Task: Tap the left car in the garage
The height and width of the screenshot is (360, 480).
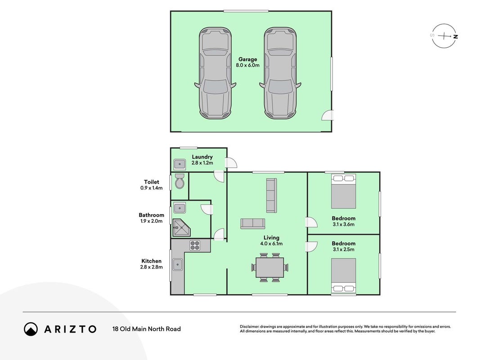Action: [215, 73]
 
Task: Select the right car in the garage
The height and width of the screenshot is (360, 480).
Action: [280, 73]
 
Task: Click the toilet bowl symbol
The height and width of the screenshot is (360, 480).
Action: [179, 181]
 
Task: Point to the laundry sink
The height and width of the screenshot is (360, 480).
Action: [179, 164]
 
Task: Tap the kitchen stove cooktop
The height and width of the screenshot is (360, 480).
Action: [195, 246]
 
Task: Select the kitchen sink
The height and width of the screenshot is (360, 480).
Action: [178, 265]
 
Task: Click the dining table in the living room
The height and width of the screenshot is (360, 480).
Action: [270, 267]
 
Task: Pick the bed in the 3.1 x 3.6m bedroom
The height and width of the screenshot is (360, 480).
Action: [344, 191]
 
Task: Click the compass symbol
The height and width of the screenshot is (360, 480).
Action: [444, 36]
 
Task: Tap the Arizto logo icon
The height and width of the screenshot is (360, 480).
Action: [31, 329]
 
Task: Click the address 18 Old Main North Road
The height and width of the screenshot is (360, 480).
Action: [147, 329]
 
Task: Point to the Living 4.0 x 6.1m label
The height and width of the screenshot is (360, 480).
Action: [272, 241]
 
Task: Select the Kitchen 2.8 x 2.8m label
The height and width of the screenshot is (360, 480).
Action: [152, 264]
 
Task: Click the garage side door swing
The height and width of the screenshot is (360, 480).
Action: [327, 115]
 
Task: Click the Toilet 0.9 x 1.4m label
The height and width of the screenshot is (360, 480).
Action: [152, 185]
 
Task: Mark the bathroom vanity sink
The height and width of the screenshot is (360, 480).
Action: [179, 208]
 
